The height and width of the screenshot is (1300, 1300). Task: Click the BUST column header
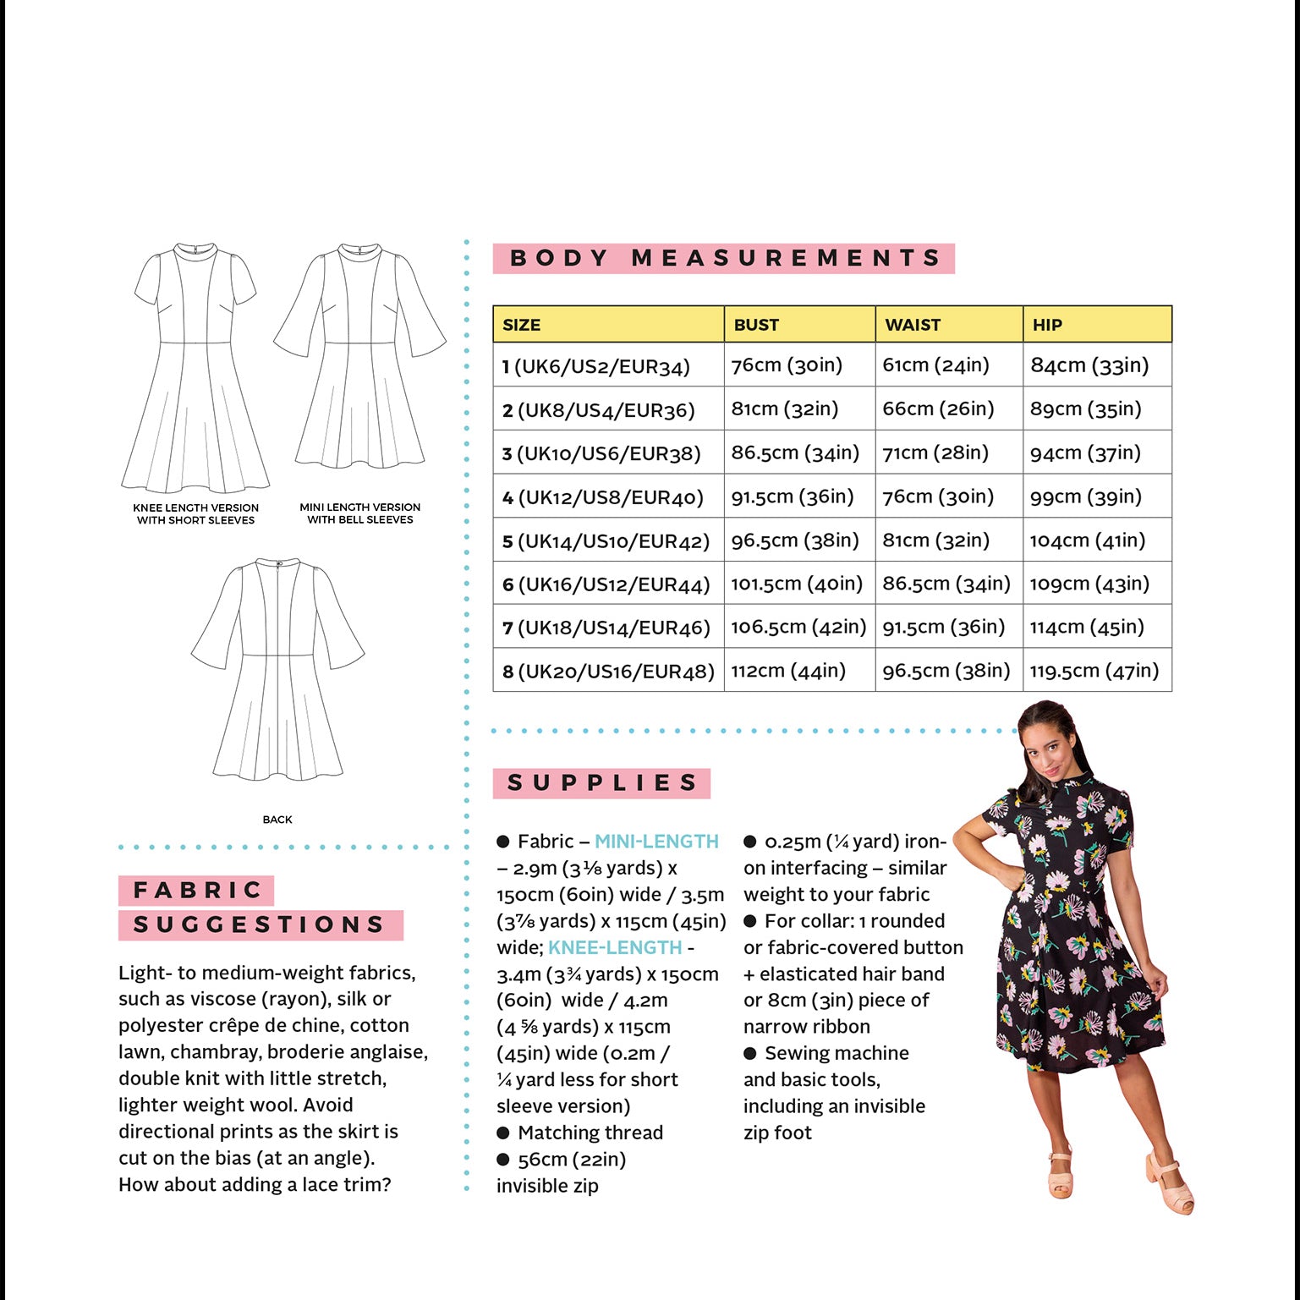pyautogui.click(x=756, y=325)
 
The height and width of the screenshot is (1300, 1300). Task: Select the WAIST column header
pyautogui.click(x=913, y=325)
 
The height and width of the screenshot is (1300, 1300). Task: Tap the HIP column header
pyautogui.click(x=1047, y=325)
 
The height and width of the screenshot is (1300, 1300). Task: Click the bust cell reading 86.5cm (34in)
pyautogui.click(x=795, y=453)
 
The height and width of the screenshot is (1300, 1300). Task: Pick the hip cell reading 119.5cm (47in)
pyautogui.click(x=1094, y=671)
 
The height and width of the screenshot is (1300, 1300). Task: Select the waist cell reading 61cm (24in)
pyautogui.click(x=935, y=365)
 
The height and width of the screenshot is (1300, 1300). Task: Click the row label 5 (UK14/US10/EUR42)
pyautogui.click(x=606, y=540)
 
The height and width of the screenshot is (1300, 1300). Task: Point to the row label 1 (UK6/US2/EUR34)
pyautogui.click(x=595, y=366)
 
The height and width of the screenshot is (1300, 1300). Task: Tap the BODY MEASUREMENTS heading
pyautogui.click(x=724, y=258)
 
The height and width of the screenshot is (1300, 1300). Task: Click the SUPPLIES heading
pyautogui.click(x=601, y=783)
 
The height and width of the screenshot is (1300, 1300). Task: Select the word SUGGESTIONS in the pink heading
pyautogui.click(x=260, y=924)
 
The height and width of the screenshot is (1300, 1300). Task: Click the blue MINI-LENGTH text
pyautogui.click(x=656, y=842)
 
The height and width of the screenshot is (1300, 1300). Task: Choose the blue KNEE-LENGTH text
pyautogui.click(x=615, y=947)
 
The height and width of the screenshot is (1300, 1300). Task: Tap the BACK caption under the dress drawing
pyautogui.click(x=277, y=820)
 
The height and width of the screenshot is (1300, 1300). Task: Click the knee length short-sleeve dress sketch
pyautogui.click(x=195, y=367)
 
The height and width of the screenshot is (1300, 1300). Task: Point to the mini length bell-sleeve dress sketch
pyautogui.click(x=360, y=355)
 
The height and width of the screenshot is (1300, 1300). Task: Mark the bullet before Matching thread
pyautogui.click(x=503, y=1133)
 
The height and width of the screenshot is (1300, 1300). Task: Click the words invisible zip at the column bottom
pyautogui.click(x=547, y=1186)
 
